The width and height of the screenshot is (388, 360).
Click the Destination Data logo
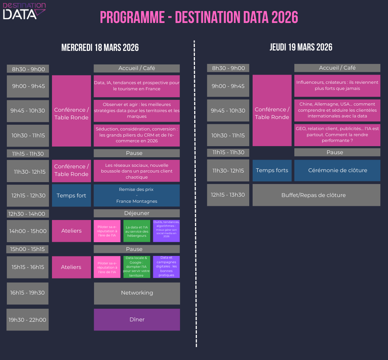[x=24, y=11]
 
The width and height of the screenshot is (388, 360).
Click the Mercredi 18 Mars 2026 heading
[x=100, y=47]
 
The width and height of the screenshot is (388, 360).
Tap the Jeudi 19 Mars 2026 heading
[x=301, y=47]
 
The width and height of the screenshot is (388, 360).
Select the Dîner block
[x=137, y=319]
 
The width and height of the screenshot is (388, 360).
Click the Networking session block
[x=137, y=293]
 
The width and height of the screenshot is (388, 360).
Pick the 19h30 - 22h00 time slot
[x=28, y=319]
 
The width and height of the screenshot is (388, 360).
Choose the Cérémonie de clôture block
[x=337, y=170]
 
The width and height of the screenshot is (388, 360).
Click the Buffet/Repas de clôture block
[x=317, y=195]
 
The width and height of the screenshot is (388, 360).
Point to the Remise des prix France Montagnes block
[x=136, y=195]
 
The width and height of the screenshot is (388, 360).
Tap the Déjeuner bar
[x=136, y=213]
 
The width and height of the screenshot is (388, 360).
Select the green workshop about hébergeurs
[x=137, y=231]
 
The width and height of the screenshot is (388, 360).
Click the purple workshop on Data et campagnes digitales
[x=166, y=267]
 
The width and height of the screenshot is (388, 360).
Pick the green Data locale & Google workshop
[x=137, y=267]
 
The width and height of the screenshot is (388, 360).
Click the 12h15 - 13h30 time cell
[x=228, y=195]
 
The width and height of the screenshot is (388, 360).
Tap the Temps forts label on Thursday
[x=272, y=170]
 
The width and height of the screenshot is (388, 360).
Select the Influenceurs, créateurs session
[x=337, y=85]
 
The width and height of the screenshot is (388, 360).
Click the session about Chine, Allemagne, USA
[x=337, y=110]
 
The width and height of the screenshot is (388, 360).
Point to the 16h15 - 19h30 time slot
[x=28, y=293]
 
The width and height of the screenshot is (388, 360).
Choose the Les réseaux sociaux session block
[x=136, y=171]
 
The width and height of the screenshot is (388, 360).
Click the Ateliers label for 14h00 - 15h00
[x=71, y=231]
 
